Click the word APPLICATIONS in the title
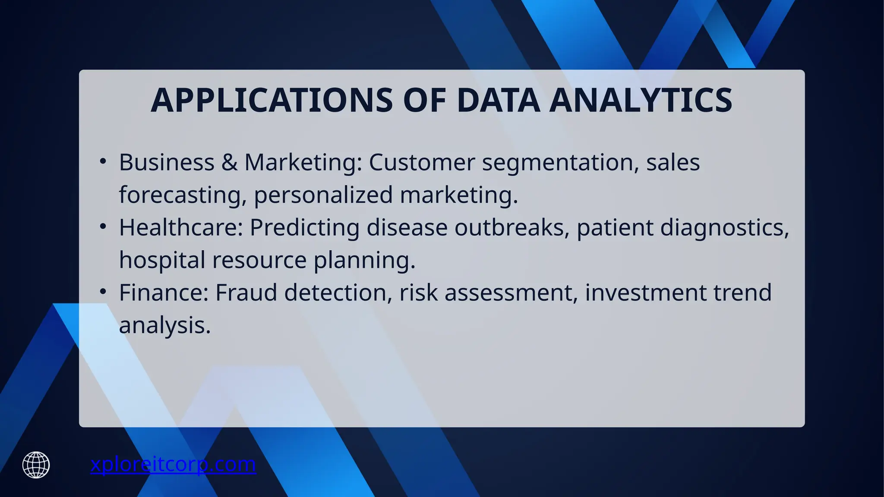pos(272,101)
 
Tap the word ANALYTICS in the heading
pos(641,101)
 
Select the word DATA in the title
pos(498,101)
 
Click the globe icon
pos(36,465)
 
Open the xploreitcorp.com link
pos(173,465)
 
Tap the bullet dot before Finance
pos(103,292)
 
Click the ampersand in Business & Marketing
pos(229,163)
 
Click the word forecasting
pos(179,195)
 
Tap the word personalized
pos(323,195)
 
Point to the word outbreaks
pos(508,227)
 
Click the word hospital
pos(162,260)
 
